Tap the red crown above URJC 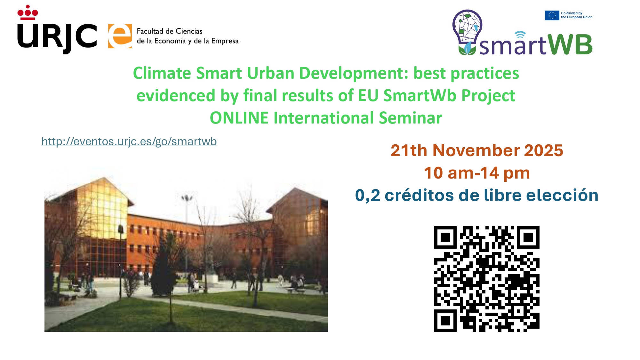28,13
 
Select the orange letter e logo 120,36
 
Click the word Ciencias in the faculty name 189,31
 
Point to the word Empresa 225,41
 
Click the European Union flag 552,15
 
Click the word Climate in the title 162,73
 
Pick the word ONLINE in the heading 239,118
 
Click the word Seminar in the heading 411,118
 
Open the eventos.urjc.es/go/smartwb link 129,141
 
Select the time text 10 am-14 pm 477,173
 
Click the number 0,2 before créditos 368,196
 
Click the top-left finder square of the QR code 445,237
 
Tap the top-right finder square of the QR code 528,237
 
